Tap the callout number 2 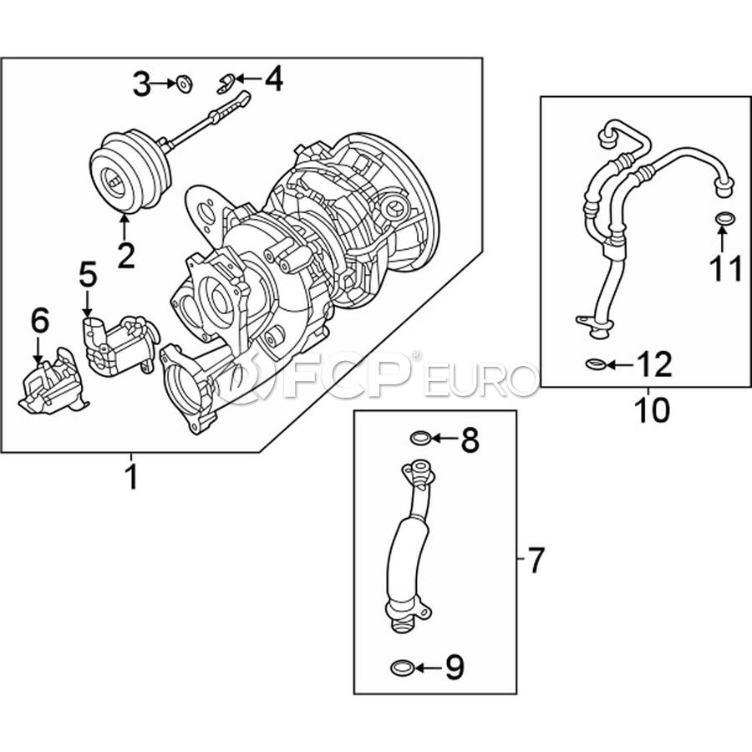125,255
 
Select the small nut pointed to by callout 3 184,84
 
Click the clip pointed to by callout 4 226,84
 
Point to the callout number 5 87,274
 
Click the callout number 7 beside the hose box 536,560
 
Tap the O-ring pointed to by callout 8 420,438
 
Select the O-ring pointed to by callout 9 402,667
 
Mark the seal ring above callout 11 724,218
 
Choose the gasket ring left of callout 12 596,364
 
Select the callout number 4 274,79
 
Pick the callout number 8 470,440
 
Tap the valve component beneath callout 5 119,344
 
